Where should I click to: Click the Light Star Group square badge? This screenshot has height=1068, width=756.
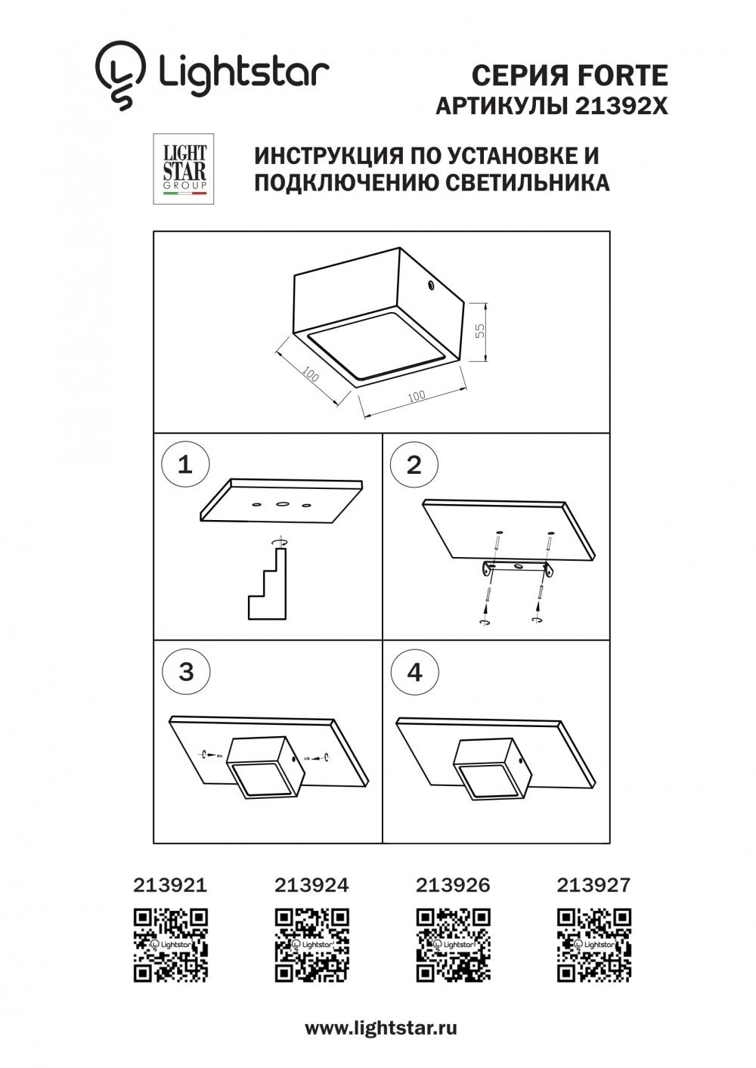coord(184,169)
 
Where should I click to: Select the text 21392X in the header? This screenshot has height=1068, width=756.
coord(621,107)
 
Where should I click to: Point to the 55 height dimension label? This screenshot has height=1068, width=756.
coord(479,332)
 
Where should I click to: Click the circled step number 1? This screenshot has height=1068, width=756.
coord(184,463)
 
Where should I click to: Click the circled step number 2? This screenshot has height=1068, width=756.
coord(414,465)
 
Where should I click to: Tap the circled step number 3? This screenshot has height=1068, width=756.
coord(185,671)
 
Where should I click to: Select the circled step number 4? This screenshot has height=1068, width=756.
coord(414,672)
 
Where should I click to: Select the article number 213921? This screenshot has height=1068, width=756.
coord(170,884)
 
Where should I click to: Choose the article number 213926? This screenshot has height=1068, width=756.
coord(453,884)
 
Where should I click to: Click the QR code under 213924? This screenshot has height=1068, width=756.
coord(311,945)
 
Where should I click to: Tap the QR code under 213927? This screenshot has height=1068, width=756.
coord(594,945)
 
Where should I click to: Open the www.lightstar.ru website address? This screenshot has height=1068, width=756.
coord(381,1028)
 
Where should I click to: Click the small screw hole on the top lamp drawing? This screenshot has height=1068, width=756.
coord(430,286)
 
